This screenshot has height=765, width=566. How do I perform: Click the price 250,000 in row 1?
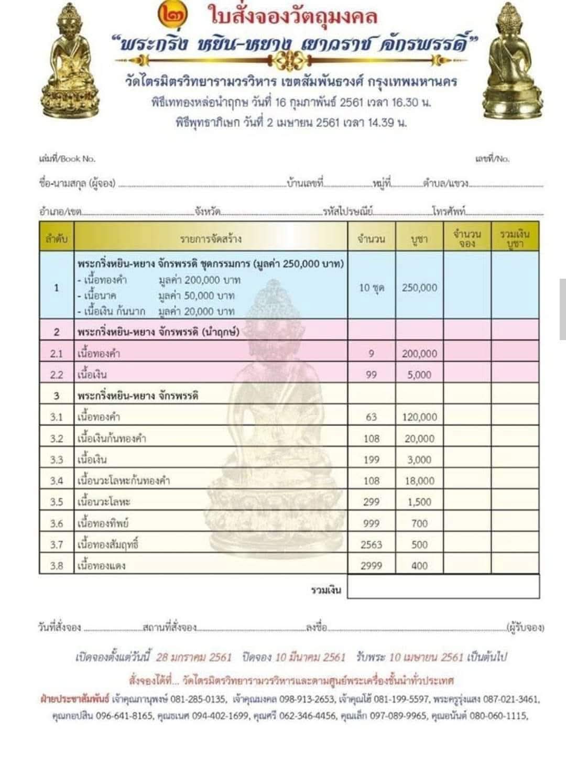coord(419,287)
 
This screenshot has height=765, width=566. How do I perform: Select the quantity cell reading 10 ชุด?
coord(372,287)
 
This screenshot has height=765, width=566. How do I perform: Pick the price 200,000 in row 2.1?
coord(419,354)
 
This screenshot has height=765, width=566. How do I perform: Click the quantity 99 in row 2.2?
coord(371,375)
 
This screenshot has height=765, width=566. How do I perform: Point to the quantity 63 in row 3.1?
coord(371,417)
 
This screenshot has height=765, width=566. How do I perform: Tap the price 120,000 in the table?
coord(419,417)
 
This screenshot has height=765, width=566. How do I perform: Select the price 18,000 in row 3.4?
coord(419,480)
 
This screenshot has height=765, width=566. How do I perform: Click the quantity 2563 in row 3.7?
coord(371,544)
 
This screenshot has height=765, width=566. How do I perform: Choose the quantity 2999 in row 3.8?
coord(371,565)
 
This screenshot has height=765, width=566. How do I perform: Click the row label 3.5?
coord(57,502)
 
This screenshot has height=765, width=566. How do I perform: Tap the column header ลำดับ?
coord(57,239)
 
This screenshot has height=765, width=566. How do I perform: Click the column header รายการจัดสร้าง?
coord(211,239)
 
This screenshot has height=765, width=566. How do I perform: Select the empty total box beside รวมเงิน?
coord(443,587)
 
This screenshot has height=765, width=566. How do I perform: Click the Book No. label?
coord(68,158)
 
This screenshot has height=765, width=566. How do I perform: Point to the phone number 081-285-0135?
coord(202,699)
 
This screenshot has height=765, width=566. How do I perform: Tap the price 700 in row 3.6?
coord(419,523)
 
